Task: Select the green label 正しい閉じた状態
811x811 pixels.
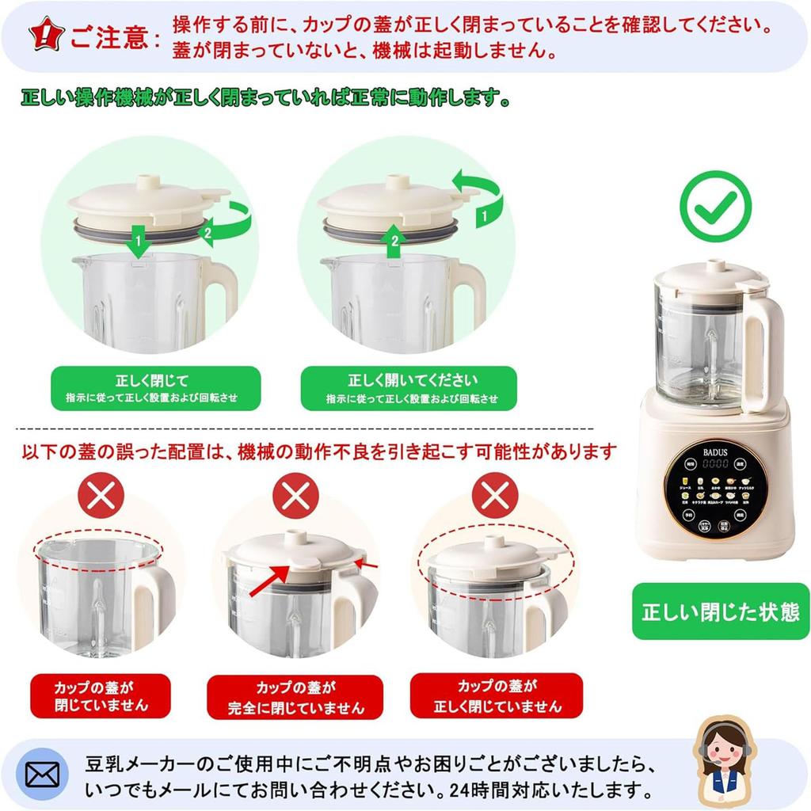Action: coord(720,611)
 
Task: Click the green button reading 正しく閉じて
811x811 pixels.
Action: coord(155,388)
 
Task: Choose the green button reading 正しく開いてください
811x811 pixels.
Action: coord(409,388)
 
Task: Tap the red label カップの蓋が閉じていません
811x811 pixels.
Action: coord(101,695)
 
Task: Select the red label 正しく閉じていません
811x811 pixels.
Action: coord(497,695)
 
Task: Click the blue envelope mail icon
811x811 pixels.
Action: coord(42,774)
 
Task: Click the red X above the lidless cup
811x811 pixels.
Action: coord(101,497)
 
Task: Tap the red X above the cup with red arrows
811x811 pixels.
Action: coord(295,497)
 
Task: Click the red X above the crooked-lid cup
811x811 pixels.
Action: coord(494,497)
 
